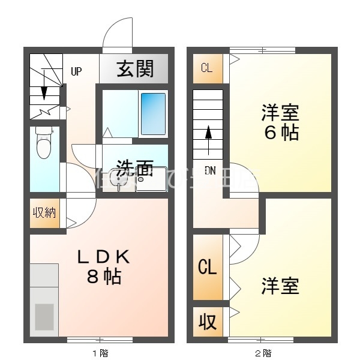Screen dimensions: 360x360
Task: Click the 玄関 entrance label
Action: point(135,69)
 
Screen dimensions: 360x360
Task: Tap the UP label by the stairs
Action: point(76,72)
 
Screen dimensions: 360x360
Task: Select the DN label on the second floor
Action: point(210,170)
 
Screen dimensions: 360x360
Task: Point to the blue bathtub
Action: point(153,113)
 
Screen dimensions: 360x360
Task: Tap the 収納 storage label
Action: point(45,212)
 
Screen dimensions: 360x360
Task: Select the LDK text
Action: point(103,257)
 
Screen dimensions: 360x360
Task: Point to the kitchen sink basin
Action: point(44,316)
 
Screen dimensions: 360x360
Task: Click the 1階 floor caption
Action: point(100,353)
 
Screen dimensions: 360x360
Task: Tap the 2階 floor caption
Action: point(262,353)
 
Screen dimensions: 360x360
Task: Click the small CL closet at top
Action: point(206,68)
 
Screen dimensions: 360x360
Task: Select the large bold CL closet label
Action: point(207,268)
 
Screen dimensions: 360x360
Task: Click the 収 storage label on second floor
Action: point(207,322)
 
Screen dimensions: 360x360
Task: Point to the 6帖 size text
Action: point(280,133)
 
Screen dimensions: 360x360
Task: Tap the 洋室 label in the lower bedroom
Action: point(280,286)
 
